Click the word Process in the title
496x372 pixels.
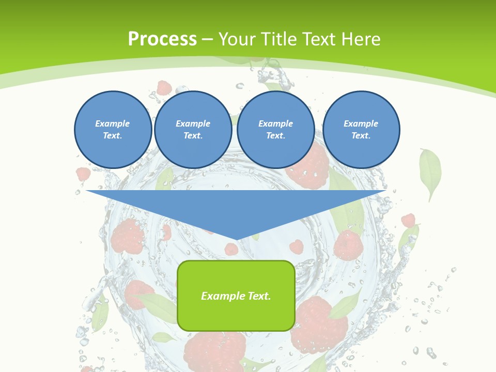coord(162,39)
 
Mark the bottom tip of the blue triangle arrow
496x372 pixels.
coord(236,239)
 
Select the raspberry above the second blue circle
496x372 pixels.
coord(164,87)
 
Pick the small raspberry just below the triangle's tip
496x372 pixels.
coord(231,249)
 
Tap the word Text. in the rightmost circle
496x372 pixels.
coord(361,135)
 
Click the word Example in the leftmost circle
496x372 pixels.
coord(113,123)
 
